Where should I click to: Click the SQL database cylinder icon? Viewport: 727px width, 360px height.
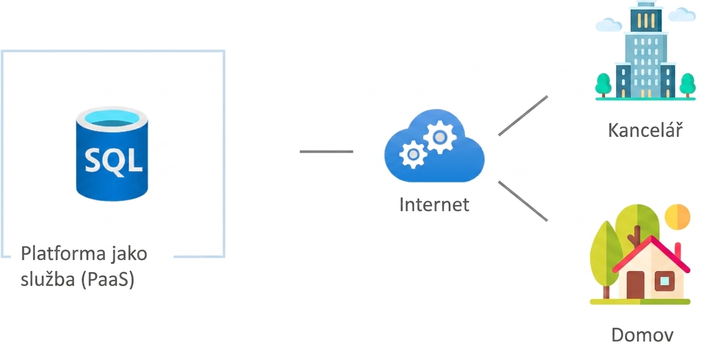click(112, 153)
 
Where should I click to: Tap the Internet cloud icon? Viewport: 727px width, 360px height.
click(434, 146)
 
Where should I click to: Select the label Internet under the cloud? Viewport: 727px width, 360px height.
click(434, 205)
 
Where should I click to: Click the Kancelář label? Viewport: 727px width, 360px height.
click(645, 130)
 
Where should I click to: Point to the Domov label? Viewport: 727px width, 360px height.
click(642, 334)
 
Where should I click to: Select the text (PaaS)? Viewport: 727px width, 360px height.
click(108, 279)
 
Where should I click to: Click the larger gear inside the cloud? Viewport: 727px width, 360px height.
click(440, 137)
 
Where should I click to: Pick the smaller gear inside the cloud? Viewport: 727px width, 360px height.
click(413, 155)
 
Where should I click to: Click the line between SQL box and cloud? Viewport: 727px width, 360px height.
click(326, 151)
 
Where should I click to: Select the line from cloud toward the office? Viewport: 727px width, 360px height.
click(523, 115)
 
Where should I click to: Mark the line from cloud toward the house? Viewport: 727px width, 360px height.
click(523, 201)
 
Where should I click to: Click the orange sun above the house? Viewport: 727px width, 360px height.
click(677, 216)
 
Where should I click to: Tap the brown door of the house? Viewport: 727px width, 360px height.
click(635, 284)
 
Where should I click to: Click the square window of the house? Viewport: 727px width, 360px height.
click(664, 281)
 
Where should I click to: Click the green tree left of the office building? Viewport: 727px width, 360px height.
click(603, 84)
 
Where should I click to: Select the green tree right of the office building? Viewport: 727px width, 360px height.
click(687, 84)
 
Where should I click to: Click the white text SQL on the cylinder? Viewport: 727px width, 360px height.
click(113, 161)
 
